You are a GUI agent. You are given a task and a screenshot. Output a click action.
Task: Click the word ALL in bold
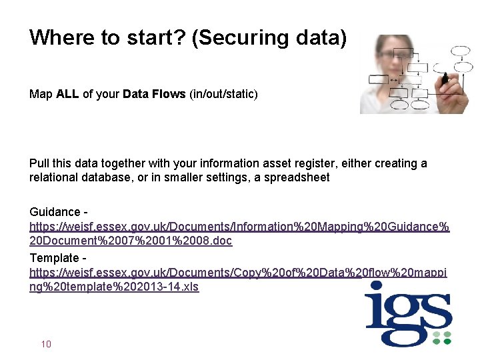[x=67, y=94]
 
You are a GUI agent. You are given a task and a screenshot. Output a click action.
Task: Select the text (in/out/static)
[x=223, y=94]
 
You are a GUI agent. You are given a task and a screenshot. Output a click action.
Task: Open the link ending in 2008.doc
[x=131, y=241]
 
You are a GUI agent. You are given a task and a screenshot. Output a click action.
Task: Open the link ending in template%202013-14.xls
[x=114, y=287]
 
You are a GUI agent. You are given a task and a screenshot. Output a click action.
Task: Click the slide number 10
[x=46, y=344]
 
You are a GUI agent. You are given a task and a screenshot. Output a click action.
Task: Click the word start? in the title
[x=157, y=37]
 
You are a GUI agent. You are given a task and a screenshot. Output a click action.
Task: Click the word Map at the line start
[x=40, y=94]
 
